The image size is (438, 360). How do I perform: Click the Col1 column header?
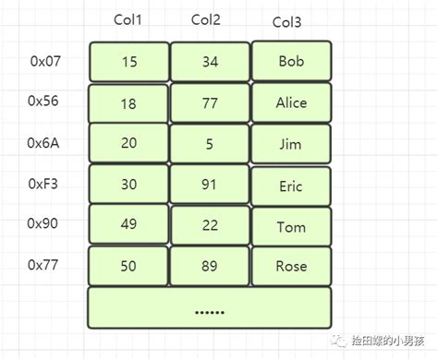coord(128,20)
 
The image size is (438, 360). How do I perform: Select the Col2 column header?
coord(209,20)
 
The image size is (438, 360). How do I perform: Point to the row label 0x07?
coord(44,63)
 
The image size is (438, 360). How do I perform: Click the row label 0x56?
coord(44,102)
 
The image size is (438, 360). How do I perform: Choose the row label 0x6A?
coord(44,143)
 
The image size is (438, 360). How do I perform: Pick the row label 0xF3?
coord(44,184)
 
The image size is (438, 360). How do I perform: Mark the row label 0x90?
coord(44,224)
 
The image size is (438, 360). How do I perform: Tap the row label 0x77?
coord(44,265)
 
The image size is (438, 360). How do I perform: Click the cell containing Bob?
coord(291,62)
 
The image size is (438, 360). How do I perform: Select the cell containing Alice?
coord(291,103)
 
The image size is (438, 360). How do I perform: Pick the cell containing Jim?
coord(291,144)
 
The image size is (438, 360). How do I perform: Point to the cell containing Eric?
coord(291,186)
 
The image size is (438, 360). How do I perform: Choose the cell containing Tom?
coord(291,226)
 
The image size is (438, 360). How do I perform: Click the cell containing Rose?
coord(291,266)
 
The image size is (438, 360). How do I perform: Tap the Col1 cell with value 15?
coord(129,62)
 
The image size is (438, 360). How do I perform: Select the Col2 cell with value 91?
coord(210,185)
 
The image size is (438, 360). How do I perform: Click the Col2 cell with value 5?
coord(210,143)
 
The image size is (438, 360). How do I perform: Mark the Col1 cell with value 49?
coord(129,225)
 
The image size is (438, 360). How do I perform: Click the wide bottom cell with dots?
coord(210,308)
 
